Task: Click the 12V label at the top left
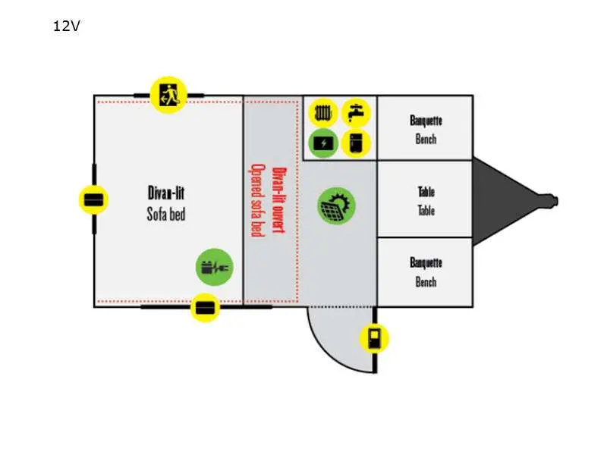pyautogui.click(x=67, y=26)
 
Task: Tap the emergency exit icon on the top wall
pyautogui.click(x=168, y=95)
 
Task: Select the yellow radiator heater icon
pyautogui.click(x=323, y=113)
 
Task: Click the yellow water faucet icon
pyautogui.click(x=356, y=113)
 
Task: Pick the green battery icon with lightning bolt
pyautogui.click(x=323, y=143)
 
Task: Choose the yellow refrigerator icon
pyautogui.click(x=356, y=143)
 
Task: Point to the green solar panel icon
pyautogui.click(x=336, y=206)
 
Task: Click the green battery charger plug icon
pyautogui.click(x=215, y=267)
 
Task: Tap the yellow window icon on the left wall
pyautogui.click(x=93, y=199)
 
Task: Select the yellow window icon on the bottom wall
pyautogui.click(x=205, y=308)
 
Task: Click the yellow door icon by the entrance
pyautogui.click(x=374, y=338)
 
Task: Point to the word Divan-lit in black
pyautogui.click(x=166, y=193)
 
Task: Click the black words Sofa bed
pyautogui.click(x=166, y=214)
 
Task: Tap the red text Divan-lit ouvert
pyautogui.click(x=279, y=200)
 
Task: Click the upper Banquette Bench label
pyautogui.click(x=426, y=130)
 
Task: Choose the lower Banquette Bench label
pyautogui.click(x=426, y=272)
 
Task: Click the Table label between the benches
pyautogui.click(x=426, y=201)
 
